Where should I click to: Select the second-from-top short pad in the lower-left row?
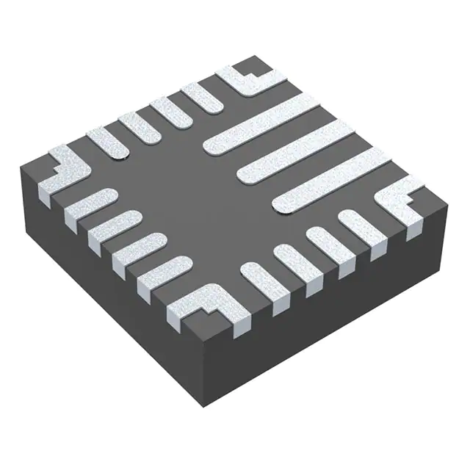[114, 224]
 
